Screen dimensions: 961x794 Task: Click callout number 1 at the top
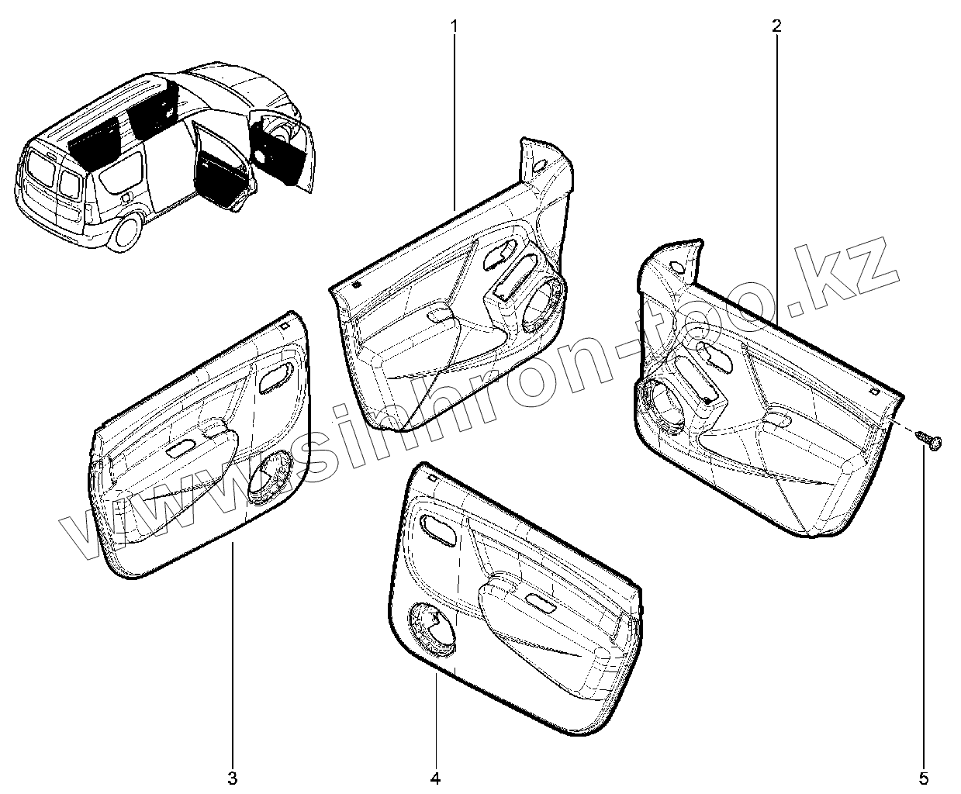coord(454,25)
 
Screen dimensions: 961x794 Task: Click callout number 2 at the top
coord(776,25)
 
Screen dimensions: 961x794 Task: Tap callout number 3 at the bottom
coord(232,777)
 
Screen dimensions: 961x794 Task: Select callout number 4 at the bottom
coord(435,777)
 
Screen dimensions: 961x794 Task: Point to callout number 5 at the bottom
coord(924,777)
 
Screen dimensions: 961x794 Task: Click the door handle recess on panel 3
coord(276,378)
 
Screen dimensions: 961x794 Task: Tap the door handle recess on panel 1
coord(500,255)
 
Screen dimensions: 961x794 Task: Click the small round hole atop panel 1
coord(540,164)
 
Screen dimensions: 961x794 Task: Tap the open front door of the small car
coord(283,151)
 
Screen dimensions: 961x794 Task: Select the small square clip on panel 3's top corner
coord(286,326)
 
